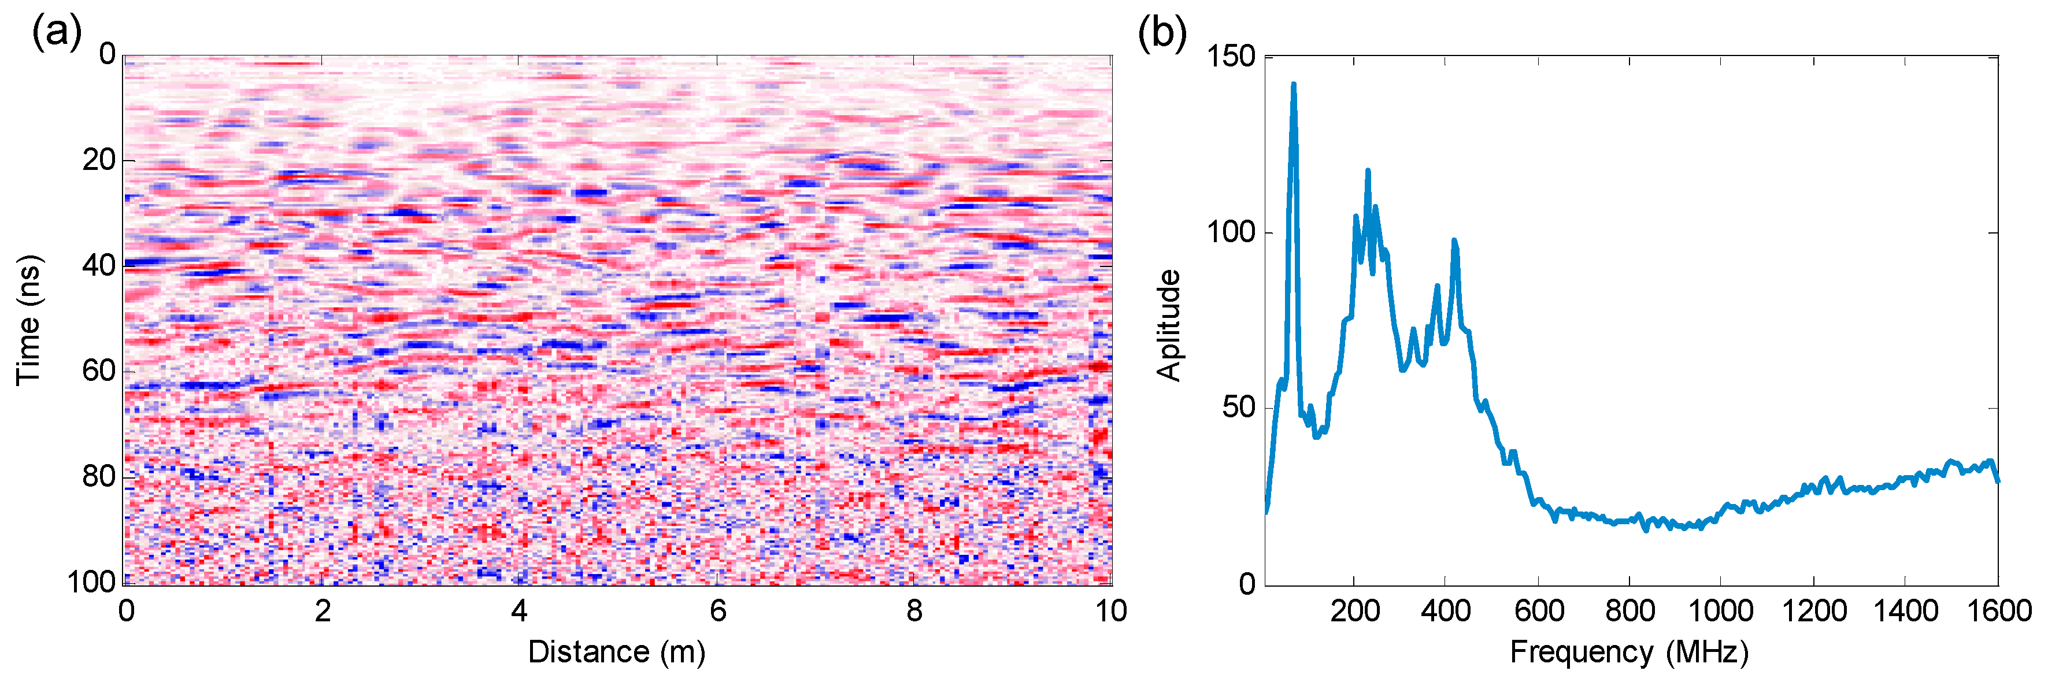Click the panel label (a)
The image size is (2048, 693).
click(x=55, y=34)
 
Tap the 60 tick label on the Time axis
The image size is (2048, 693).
click(x=99, y=370)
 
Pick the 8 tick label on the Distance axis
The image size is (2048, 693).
click(x=914, y=610)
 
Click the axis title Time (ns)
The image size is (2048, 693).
click(x=29, y=320)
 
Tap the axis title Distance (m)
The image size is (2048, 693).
click(x=617, y=652)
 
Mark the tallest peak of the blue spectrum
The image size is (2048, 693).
click(x=1294, y=84)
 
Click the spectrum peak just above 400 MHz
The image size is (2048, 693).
click(x=1454, y=241)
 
